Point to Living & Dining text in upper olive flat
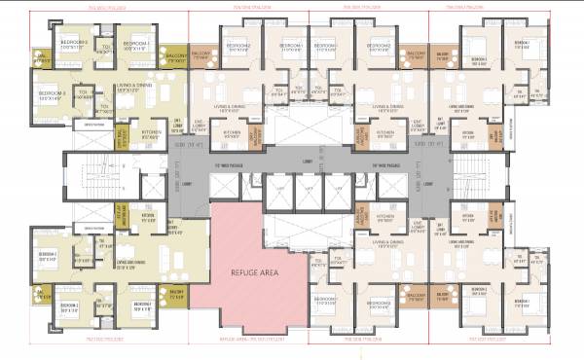coord(132,88)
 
